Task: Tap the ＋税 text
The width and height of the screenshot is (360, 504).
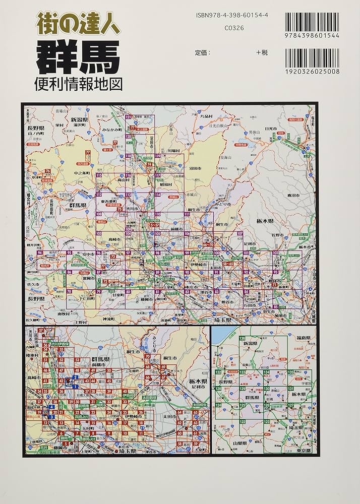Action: pos(263,52)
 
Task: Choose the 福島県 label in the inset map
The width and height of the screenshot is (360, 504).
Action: pos(306,339)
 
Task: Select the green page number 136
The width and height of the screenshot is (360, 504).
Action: pos(243,338)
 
